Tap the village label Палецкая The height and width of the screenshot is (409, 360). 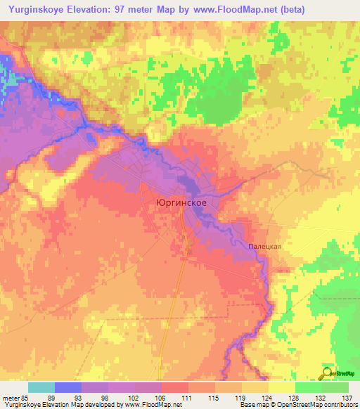pos(264,247)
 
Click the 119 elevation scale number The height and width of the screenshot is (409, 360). pos(243,398)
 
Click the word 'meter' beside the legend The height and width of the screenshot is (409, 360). pos(10,398)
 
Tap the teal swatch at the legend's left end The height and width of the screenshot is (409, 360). pos(41,387)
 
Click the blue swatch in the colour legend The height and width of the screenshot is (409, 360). pos(68,387)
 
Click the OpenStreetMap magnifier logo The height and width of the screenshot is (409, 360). pos(327,373)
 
